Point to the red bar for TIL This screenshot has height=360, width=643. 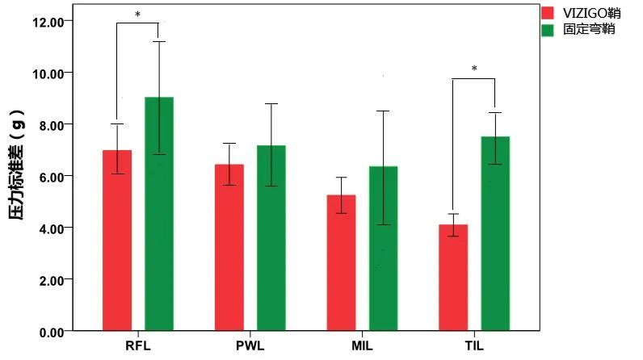pyautogui.click(x=453, y=278)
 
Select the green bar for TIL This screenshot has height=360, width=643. pyautogui.click(x=495, y=234)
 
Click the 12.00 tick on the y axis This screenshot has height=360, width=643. pyautogui.click(x=46, y=21)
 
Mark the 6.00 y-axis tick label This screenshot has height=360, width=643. pyautogui.click(x=48, y=176)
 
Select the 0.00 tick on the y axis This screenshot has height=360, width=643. pyautogui.click(x=48, y=331)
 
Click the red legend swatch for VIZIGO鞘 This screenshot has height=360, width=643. pyautogui.click(x=548, y=13)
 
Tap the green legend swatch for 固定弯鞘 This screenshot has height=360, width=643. pyautogui.click(x=548, y=30)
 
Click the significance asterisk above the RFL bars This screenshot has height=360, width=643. pyautogui.click(x=137, y=15)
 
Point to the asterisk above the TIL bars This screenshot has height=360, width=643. pyautogui.click(x=474, y=69)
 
